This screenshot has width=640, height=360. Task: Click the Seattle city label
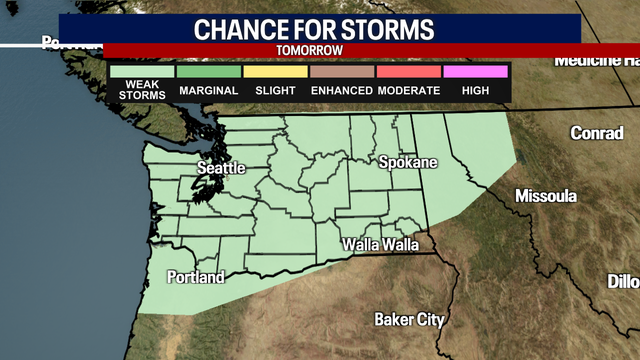(220, 168)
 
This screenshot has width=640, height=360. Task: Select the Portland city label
(196, 277)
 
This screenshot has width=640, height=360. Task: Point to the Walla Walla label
(380, 244)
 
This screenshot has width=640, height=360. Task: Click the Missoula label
(546, 196)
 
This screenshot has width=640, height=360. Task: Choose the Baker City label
(410, 320)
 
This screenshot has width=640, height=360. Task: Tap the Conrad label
(597, 133)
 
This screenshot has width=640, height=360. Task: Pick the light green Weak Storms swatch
(141, 71)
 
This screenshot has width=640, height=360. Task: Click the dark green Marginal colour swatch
(208, 71)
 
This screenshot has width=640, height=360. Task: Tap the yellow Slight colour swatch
(275, 71)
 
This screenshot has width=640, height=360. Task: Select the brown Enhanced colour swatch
(342, 71)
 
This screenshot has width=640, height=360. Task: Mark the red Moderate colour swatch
(409, 71)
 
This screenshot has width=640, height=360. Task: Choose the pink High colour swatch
(475, 71)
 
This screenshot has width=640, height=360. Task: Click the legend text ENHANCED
(342, 91)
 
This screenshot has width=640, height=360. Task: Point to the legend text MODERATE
(409, 91)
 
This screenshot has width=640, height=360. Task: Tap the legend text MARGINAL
(208, 91)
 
